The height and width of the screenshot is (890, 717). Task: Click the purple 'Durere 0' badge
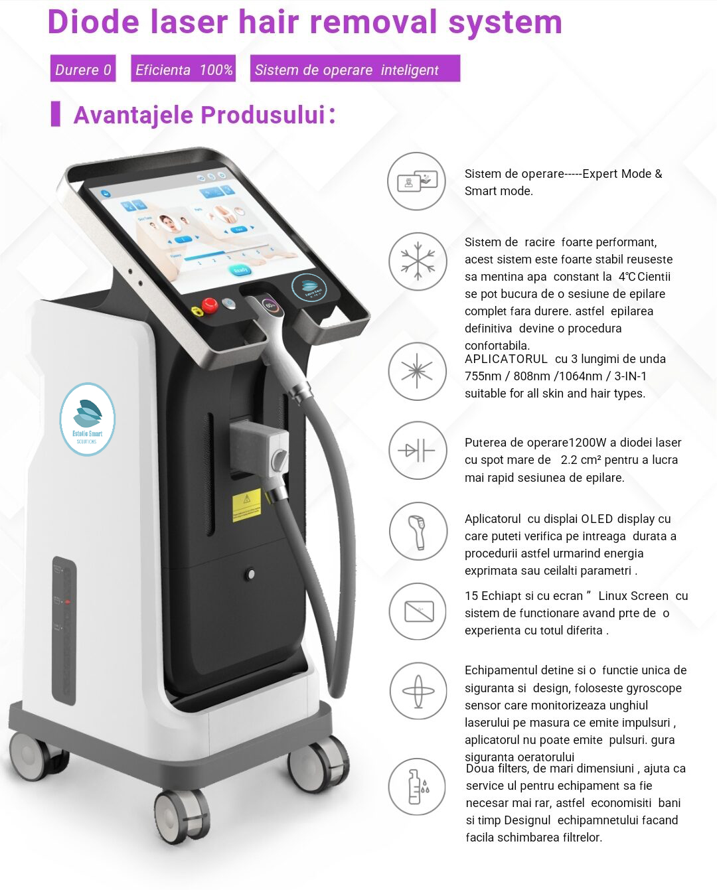click(x=83, y=69)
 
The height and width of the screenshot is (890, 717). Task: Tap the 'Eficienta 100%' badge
click(x=183, y=69)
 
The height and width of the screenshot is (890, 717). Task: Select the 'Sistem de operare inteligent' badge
click(x=355, y=69)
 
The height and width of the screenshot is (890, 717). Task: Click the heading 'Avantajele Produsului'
click(x=199, y=114)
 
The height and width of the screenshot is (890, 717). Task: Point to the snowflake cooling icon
click(x=417, y=261)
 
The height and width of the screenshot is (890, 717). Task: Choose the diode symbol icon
click(x=417, y=451)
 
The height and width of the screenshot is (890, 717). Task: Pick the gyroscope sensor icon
click(x=417, y=691)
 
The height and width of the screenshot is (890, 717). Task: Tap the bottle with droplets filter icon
click(x=417, y=787)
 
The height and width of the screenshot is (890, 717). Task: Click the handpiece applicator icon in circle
click(x=417, y=531)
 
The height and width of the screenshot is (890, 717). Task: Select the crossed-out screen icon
click(x=417, y=611)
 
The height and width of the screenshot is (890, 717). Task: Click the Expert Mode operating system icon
click(x=417, y=181)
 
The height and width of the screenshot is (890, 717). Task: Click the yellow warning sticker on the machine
click(x=246, y=506)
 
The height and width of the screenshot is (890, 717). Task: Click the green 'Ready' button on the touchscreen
click(x=240, y=269)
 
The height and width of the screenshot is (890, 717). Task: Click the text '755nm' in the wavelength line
click(x=483, y=376)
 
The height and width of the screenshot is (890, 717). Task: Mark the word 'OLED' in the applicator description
click(x=597, y=519)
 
